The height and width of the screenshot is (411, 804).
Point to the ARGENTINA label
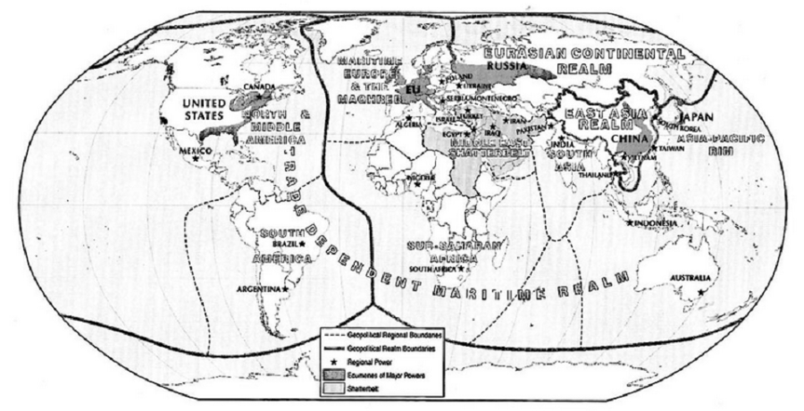click(261, 289)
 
